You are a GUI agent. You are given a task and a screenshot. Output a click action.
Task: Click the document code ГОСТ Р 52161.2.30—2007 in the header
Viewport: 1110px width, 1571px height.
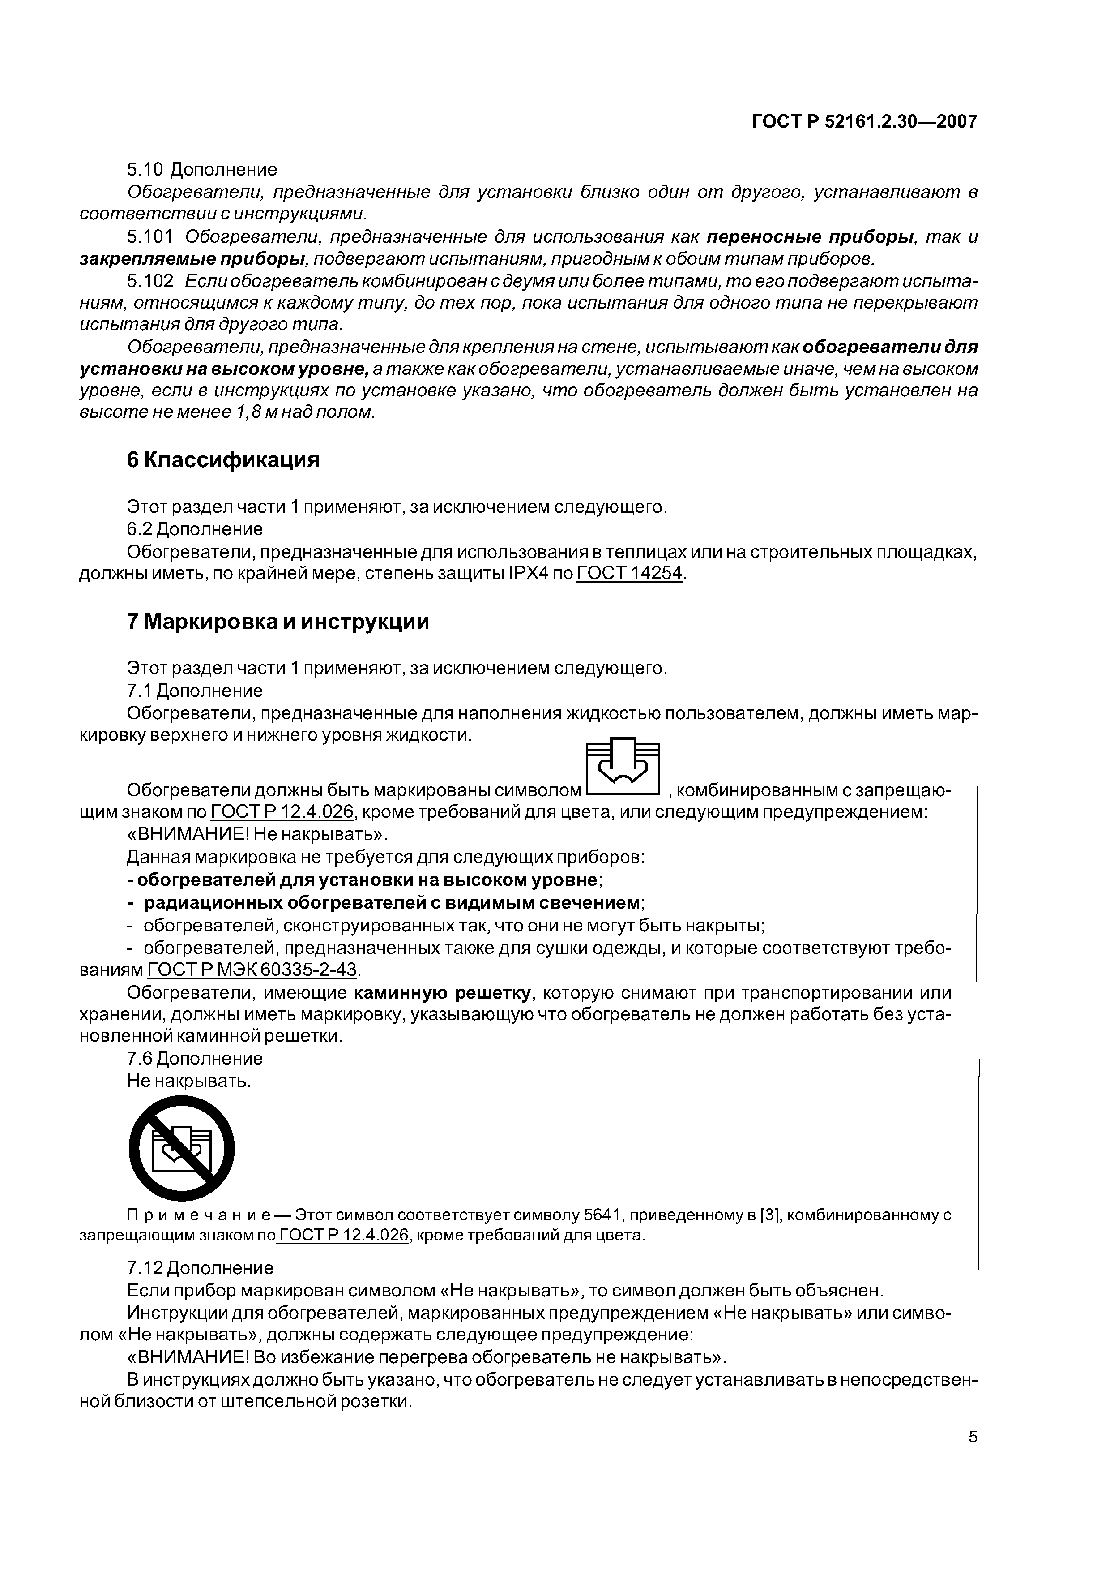pyautogui.click(x=864, y=122)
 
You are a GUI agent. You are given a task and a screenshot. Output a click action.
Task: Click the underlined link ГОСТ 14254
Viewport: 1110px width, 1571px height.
pyautogui.click(x=630, y=573)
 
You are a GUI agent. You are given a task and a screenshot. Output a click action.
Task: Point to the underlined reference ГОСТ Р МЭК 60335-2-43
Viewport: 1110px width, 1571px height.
pyautogui.click(x=252, y=970)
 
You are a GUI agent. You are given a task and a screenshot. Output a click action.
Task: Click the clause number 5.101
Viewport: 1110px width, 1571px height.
pyautogui.click(x=150, y=237)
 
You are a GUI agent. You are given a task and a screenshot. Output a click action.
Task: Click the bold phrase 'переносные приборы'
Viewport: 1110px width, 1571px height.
pyautogui.click(x=811, y=237)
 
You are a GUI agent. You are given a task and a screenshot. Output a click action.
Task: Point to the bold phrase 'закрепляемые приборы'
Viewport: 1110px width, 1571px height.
pyautogui.click(x=192, y=259)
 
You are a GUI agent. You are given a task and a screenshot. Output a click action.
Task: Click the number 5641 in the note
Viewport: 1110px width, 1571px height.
pyautogui.click(x=601, y=1215)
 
